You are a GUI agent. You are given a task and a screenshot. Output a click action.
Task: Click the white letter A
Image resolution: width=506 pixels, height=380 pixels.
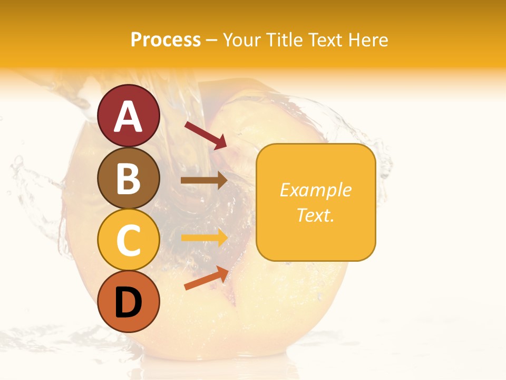(x=129, y=116)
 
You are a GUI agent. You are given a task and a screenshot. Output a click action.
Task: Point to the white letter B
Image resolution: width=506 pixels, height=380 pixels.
(x=129, y=178)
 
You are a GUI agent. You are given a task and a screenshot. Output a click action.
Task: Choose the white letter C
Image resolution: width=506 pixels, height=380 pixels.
(x=129, y=240)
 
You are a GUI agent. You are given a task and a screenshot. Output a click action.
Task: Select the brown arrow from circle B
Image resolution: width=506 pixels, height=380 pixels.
(x=204, y=180)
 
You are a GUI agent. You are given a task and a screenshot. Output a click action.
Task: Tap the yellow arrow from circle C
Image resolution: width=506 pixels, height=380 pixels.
(x=204, y=238)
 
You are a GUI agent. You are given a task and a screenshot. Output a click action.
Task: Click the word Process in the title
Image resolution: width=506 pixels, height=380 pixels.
(x=166, y=40)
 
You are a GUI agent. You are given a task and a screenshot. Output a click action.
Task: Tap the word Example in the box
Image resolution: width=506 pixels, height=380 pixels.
(x=315, y=190)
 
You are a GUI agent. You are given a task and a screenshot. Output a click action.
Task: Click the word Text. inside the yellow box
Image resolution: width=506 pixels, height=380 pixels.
(x=315, y=215)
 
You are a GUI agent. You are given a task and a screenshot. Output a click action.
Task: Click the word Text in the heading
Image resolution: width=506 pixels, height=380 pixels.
(x=324, y=40)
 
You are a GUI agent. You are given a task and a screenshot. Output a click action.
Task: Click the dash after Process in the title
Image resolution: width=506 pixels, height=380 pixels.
(x=211, y=40)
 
